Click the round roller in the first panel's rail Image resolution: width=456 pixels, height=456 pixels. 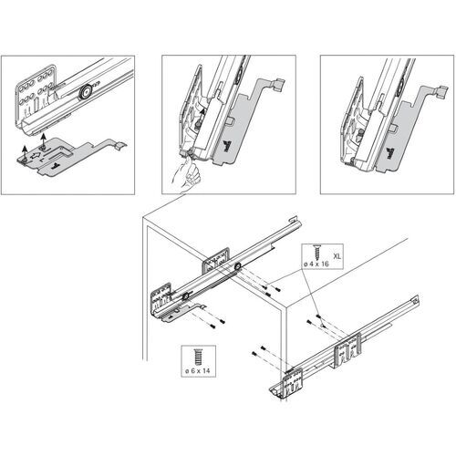click(x=85, y=91)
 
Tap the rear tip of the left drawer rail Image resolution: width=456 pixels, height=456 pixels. click(x=294, y=220)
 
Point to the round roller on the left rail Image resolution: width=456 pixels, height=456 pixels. click(x=235, y=266)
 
